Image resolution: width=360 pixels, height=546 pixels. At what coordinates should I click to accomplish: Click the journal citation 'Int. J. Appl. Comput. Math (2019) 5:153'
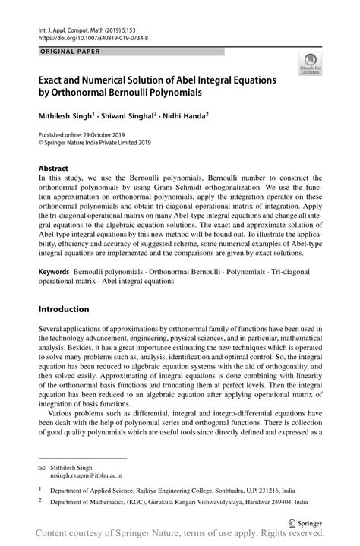(x=90, y=27)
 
